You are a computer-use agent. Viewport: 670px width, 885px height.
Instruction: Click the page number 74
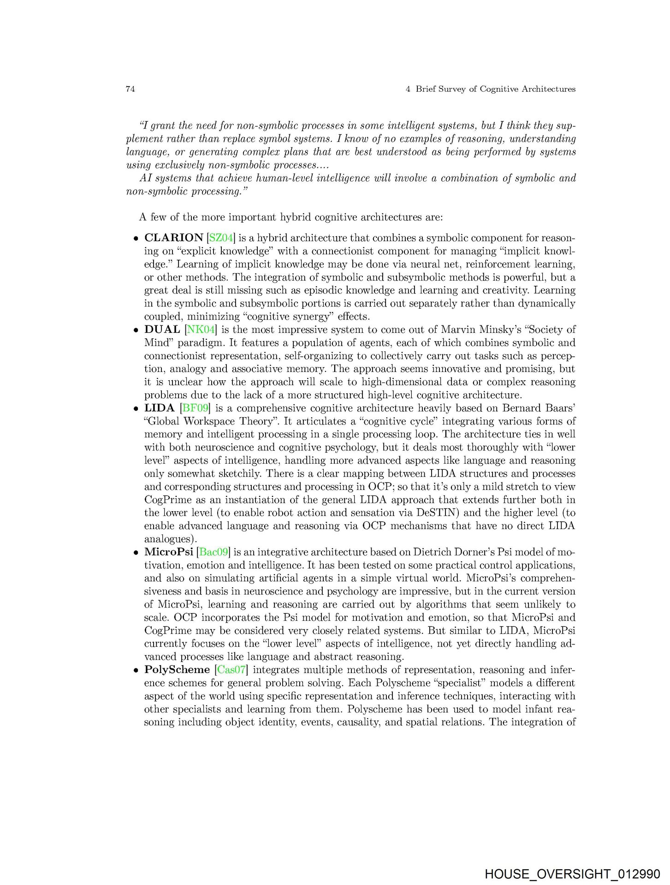pos(130,89)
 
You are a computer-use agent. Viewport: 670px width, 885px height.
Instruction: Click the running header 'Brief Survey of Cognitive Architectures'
pos(495,89)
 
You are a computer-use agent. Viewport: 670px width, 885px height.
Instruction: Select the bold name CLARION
pos(173,238)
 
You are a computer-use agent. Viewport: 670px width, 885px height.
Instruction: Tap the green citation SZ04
pos(221,238)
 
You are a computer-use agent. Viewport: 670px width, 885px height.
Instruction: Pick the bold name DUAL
pos(162,330)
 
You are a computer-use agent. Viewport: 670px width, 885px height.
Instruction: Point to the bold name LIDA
pos(159,408)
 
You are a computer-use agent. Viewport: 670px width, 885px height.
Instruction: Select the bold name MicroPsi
pos(168,552)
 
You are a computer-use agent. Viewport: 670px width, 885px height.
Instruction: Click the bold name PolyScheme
pos(177,670)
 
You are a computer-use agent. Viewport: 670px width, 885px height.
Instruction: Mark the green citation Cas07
pos(231,670)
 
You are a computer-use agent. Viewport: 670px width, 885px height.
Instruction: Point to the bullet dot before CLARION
pos(136,239)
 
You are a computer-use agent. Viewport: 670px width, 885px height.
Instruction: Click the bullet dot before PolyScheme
pos(136,671)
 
